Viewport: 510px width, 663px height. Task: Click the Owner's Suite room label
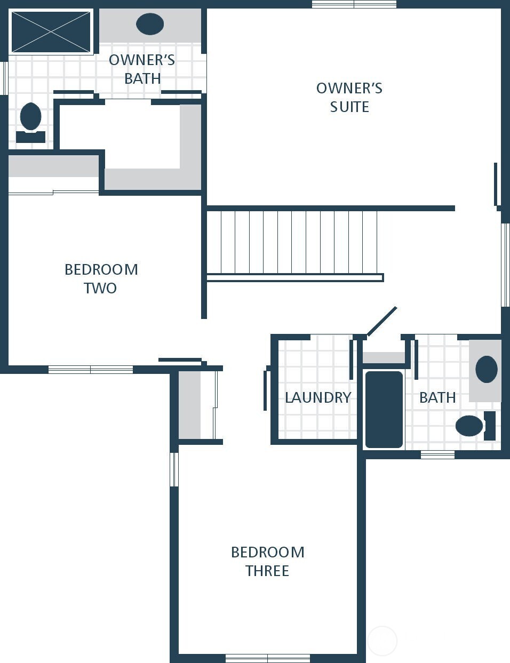pos(349,97)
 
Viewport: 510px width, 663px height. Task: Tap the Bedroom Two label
pos(101,278)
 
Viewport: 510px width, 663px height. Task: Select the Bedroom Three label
pos(267,561)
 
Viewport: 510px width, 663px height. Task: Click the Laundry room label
pos(318,397)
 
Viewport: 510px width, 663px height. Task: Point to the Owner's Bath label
pos(142,69)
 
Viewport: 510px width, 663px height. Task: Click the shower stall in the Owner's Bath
pos(51,31)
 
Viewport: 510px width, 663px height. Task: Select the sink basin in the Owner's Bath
pos(150,25)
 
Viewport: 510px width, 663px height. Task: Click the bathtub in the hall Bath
pos(384,410)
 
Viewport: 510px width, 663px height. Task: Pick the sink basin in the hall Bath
pos(486,369)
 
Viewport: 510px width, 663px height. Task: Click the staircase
pos(293,243)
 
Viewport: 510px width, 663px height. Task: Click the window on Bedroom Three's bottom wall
pos(268,658)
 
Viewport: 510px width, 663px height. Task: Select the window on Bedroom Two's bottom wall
pos(91,369)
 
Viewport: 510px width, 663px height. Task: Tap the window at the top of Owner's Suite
pos(354,4)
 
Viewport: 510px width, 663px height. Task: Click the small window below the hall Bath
pos(437,454)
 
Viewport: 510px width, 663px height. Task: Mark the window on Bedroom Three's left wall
pos(174,469)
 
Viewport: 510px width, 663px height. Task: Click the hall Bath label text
pos(437,397)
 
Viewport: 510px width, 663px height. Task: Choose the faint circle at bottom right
pos(382,641)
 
